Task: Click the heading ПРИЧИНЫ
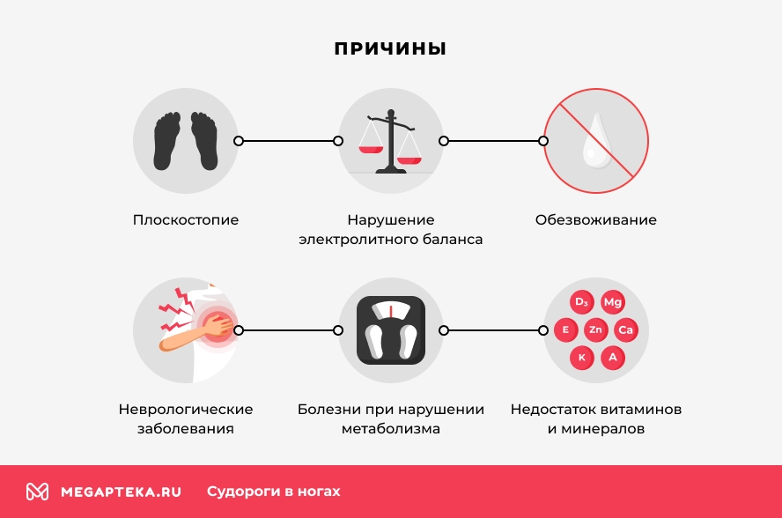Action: [x=390, y=49]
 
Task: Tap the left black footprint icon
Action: [x=168, y=141]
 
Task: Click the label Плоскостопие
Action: [x=186, y=219]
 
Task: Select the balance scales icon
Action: [x=390, y=142]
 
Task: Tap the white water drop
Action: [x=596, y=140]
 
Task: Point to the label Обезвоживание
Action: [x=596, y=219]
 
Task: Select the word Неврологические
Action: [x=186, y=410]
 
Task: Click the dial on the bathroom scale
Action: [x=390, y=311]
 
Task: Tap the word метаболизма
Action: [x=390, y=430]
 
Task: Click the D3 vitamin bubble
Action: [x=581, y=302]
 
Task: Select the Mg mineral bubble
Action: [x=612, y=302]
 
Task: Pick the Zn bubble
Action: [x=596, y=330]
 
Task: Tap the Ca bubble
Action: [x=625, y=330]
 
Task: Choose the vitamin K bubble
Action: [x=581, y=358]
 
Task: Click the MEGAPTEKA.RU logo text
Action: [x=121, y=492]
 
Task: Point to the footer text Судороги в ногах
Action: [x=273, y=492]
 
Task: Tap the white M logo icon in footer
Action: [x=37, y=492]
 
